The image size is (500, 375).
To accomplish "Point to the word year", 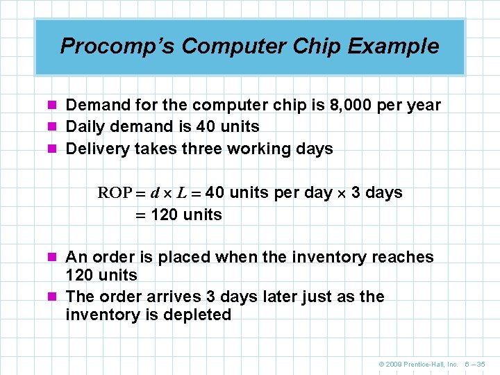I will click(424, 105).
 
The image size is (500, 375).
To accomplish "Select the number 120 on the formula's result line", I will click(164, 215).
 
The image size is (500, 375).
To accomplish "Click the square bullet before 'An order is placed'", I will click(56, 258).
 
